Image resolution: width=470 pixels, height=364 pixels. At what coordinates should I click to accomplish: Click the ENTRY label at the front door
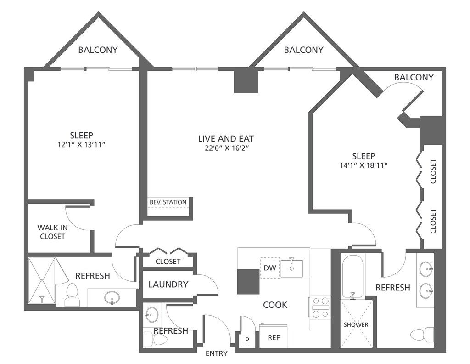click(217, 353)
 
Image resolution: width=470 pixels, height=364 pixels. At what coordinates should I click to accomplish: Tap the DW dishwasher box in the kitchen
click(270, 267)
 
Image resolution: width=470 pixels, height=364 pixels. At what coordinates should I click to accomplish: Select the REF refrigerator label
click(274, 338)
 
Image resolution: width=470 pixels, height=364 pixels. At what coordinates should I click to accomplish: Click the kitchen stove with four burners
click(320, 307)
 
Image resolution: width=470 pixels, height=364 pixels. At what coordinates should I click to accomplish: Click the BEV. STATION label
click(168, 202)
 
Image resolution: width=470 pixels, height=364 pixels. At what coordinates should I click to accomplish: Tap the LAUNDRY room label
click(168, 284)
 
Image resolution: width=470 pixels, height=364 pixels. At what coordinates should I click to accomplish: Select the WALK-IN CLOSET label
click(52, 232)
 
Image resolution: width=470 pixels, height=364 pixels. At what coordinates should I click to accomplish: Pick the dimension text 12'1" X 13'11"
click(82, 145)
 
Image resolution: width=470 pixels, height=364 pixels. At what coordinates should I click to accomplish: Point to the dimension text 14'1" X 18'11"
click(364, 165)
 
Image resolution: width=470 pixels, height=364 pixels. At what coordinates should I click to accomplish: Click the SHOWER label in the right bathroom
click(356, 324)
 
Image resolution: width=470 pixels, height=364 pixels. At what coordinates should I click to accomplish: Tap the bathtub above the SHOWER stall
click(352, 276)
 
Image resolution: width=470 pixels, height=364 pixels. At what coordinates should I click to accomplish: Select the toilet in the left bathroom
click(72, 295)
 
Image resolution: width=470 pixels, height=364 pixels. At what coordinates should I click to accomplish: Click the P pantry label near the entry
click(247, 340)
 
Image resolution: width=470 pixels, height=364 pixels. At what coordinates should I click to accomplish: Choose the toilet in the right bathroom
click(422, 335)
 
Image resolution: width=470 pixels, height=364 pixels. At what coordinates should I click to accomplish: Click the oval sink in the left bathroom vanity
click(112, 298)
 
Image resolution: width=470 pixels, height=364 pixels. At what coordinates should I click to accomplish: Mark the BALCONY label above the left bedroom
click(98, 50)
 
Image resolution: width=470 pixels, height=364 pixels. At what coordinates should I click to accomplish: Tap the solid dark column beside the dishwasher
click(248, 281)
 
